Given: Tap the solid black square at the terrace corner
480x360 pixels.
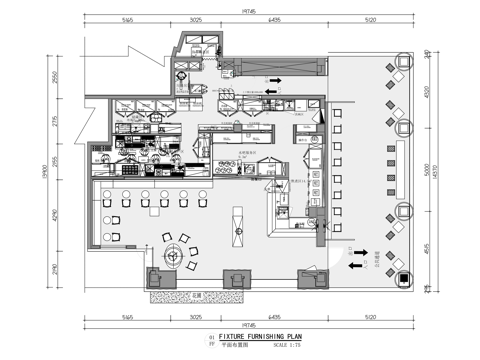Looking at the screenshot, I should point(402,278).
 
